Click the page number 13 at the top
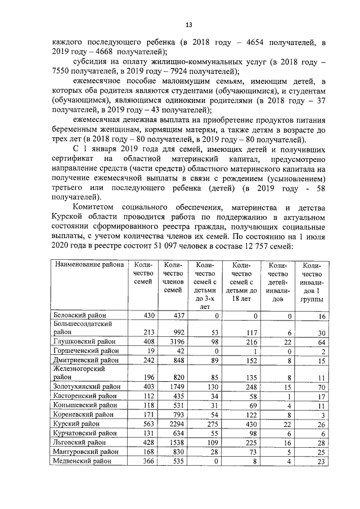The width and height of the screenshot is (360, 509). pos(189,25)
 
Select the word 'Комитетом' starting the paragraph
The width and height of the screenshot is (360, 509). pos(98,208)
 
